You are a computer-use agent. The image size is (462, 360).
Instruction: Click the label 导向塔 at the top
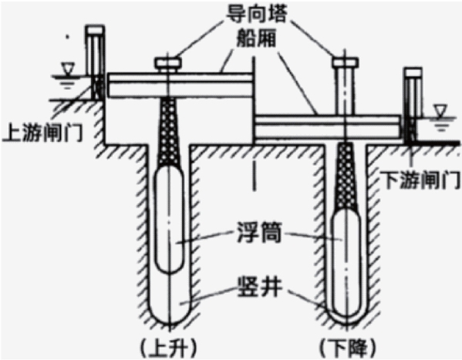pos(256,13)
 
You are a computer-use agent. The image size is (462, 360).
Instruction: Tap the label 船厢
pos(256,38)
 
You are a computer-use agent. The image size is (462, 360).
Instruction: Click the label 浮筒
pos(260,233)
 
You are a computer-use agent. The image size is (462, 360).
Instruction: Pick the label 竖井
pos(260,286)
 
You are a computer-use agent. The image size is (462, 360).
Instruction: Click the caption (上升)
pos(168,348)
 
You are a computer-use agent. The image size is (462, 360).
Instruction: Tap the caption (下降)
pos(348,348)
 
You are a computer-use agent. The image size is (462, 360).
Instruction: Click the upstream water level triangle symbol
pos(67,69)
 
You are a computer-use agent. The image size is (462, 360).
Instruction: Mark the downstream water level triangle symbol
pos(440,112)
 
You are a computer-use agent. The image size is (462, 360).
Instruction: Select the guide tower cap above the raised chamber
pos(169,62)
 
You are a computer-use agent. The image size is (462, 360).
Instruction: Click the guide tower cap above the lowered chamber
pos(346,62)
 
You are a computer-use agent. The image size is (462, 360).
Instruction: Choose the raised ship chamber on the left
pos(180,85)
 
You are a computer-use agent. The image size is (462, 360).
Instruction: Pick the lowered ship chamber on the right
pos(328,127)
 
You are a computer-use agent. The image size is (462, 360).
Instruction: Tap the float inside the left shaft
pos(169,220)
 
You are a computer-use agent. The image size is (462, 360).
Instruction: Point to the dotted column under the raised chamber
pos(169,131)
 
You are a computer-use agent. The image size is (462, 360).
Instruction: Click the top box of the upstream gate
pos(95,30)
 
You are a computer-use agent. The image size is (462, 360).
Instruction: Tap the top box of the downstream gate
pos(413,72)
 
